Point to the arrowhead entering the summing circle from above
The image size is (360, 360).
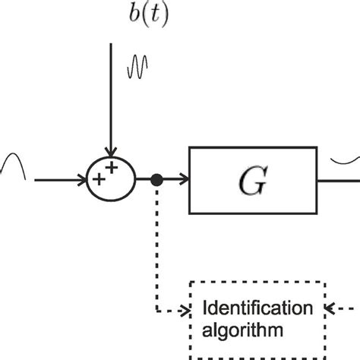coord(111,152)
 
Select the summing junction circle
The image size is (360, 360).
coord(111,179)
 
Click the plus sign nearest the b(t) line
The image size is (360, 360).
coord(114,169)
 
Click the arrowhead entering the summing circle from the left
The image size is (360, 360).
coord(83,180)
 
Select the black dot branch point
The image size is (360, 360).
coord(156,180)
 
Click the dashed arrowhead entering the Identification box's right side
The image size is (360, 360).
coord(330,308)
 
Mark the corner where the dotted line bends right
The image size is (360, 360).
coord(156,310)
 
